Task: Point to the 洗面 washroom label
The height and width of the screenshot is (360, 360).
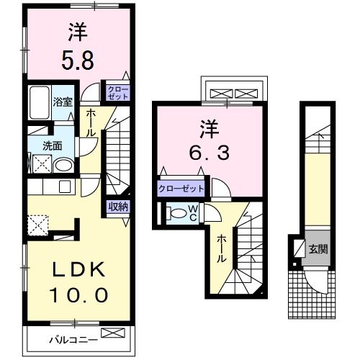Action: tap(51, 145)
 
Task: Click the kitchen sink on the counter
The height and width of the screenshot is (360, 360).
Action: tap(63, 188)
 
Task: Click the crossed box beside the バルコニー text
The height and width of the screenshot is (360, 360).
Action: tap(113, 334)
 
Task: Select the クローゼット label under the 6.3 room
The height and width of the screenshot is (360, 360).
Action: tap(181, 189)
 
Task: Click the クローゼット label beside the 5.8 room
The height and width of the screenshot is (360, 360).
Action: tap(117, 91)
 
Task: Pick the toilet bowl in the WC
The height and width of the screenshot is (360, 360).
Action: tap(176, 213)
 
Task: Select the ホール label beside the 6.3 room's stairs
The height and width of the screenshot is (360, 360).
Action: tap(222, 249)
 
